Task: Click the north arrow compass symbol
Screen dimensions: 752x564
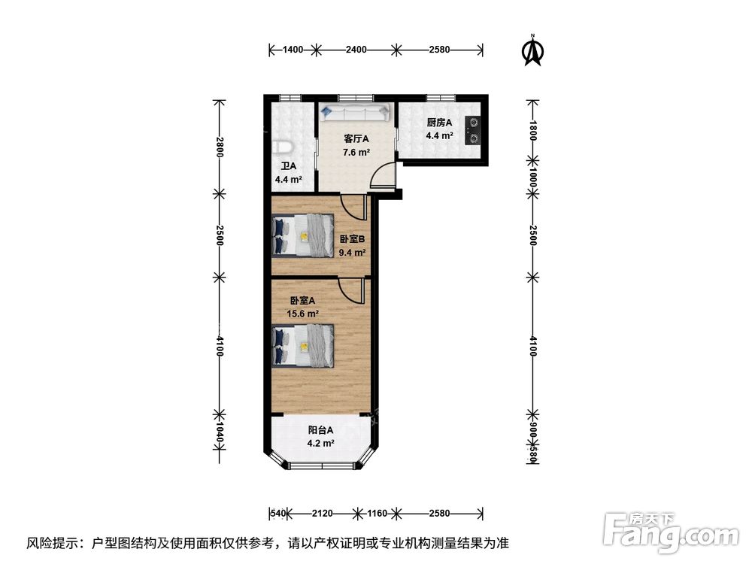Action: pos(532,50)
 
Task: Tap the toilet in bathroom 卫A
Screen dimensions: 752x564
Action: pos(280,147)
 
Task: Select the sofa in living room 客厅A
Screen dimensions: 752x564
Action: pos(356,112)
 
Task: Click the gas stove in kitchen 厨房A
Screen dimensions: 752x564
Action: pos(472,130)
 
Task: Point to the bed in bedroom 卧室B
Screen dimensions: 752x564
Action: pos(302,235)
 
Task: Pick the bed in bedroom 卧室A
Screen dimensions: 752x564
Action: pos(302,346)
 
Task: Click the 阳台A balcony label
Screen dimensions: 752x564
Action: pos(320,430)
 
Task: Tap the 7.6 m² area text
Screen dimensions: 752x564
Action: pos(356,153)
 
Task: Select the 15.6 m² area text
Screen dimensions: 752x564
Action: pos(302,314)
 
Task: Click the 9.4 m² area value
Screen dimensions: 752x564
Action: pos(353,252)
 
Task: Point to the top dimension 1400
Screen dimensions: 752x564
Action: pos(293,50)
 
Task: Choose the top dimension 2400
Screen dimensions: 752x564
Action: pos(356,50)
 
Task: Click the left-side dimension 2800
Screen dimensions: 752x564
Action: pos(219,147)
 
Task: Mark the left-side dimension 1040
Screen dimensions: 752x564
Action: pos(219,432)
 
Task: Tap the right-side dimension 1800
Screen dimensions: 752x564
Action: pos(533,130)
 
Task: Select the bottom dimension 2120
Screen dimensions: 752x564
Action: pos(323,514)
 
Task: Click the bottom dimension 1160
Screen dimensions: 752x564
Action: pos(377,514)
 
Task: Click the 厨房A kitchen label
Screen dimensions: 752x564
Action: pos(439,123)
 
